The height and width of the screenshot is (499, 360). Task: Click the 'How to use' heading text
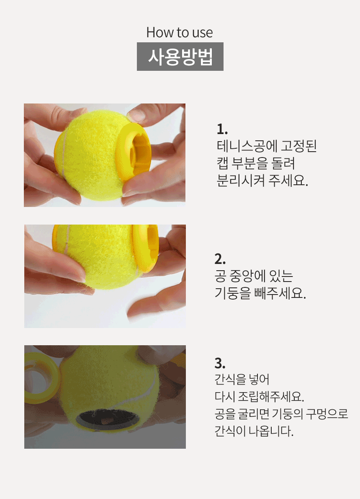[180, 33]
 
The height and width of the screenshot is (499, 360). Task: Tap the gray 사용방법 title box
[180, 57]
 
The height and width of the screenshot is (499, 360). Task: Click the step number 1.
[222, 129]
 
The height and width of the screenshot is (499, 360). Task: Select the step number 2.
[220, 259]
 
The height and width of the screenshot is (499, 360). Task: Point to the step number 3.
[220, 362]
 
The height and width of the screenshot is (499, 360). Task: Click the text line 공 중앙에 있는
[253, 277]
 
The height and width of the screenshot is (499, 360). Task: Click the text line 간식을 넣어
[242, 380]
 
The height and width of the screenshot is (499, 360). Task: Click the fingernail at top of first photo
[137, 114]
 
